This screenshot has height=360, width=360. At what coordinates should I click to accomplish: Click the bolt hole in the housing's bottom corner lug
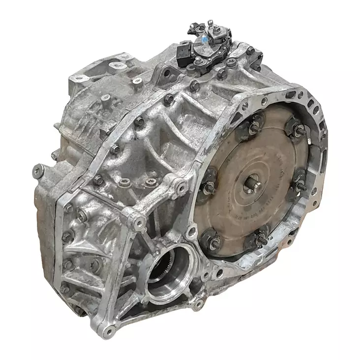click(105, 327)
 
